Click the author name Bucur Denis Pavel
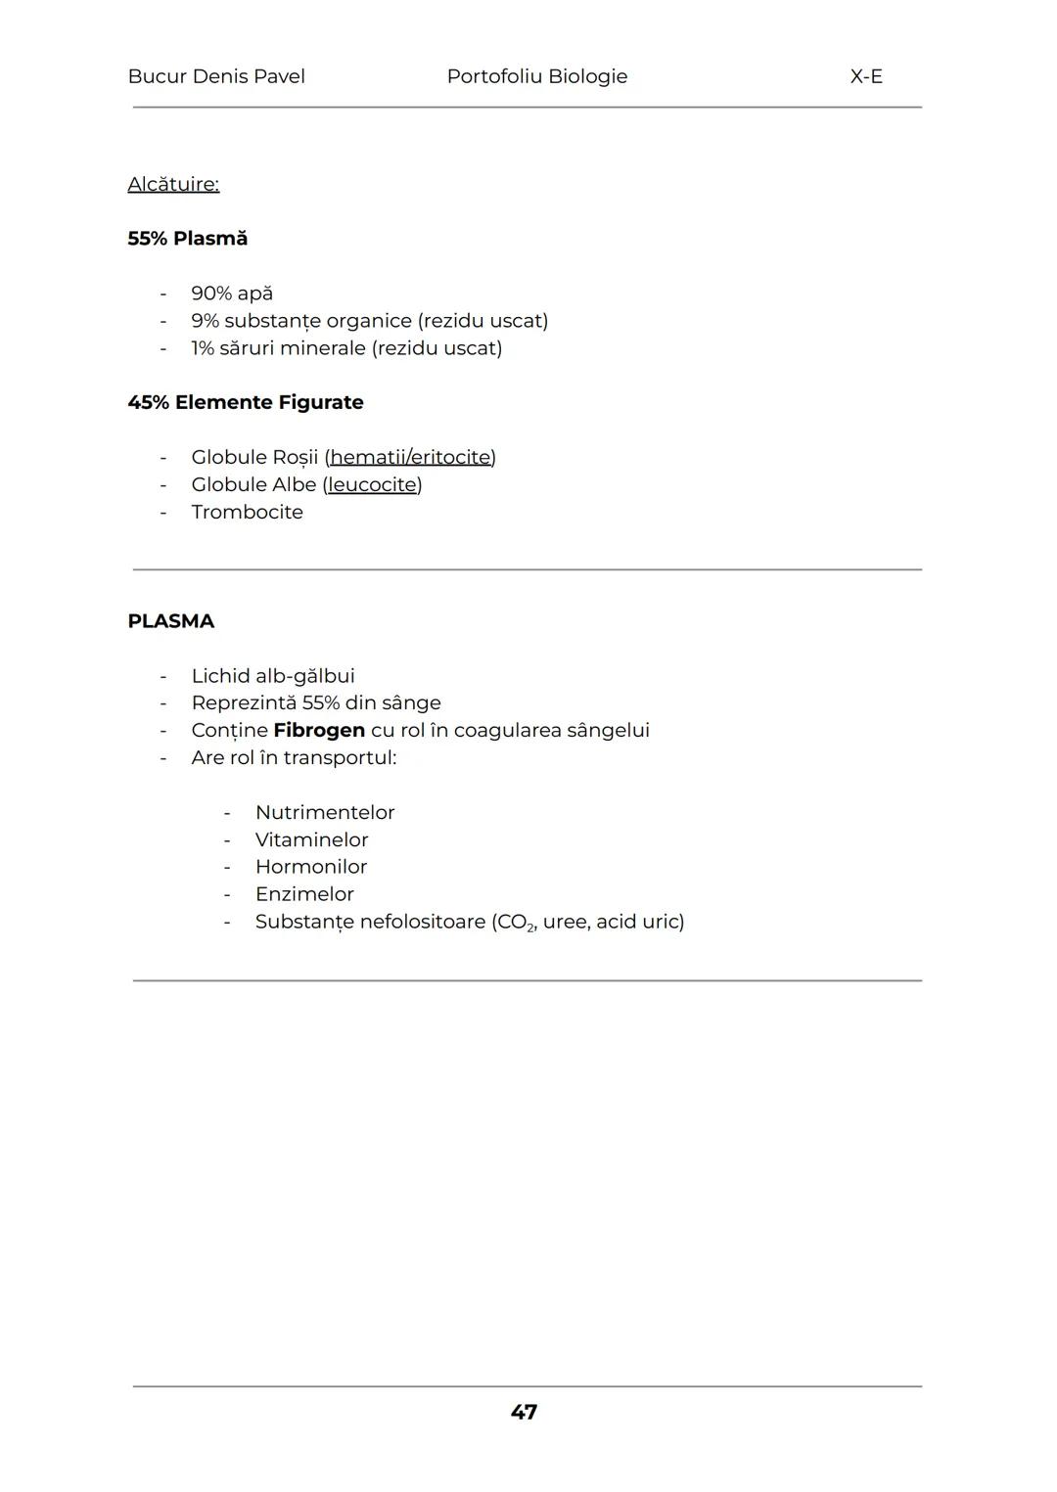click(216, 76)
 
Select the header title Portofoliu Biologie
click(536, 76)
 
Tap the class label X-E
click(866, 76)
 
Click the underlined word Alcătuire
click(173, 184)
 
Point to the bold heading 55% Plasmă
click(187, 239)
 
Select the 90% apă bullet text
click(232, 294)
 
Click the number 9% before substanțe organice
click(205, 321)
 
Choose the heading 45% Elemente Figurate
click(245, 402)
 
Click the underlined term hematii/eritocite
click(410, 457)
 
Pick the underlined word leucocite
click(372, 484)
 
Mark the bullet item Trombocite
click(247, 512)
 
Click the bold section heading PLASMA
click(170, 621)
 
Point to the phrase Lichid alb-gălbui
click(273, 676)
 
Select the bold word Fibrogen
click(319, 730)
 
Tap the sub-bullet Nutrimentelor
click(325, 812)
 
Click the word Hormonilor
click(311, 867)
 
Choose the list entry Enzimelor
click(304, 894)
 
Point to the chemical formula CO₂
click(516, 923)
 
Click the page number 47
click(524, 1412)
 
